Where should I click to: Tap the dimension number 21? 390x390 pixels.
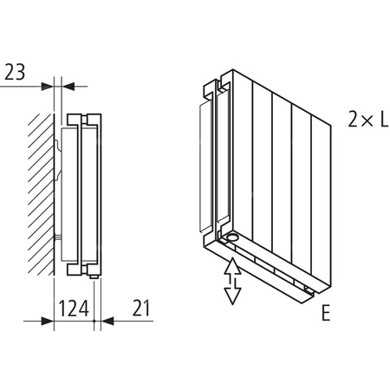[143, 307]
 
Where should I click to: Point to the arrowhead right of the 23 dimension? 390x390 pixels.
[69, 86]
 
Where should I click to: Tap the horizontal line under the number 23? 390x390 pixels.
[22, 86]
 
